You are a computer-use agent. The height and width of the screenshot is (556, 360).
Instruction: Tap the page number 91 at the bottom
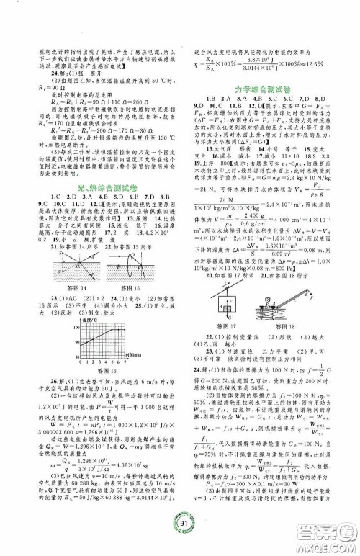(x=180, y=533)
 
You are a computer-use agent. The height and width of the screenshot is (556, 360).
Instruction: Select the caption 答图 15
(x=134, y=287)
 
